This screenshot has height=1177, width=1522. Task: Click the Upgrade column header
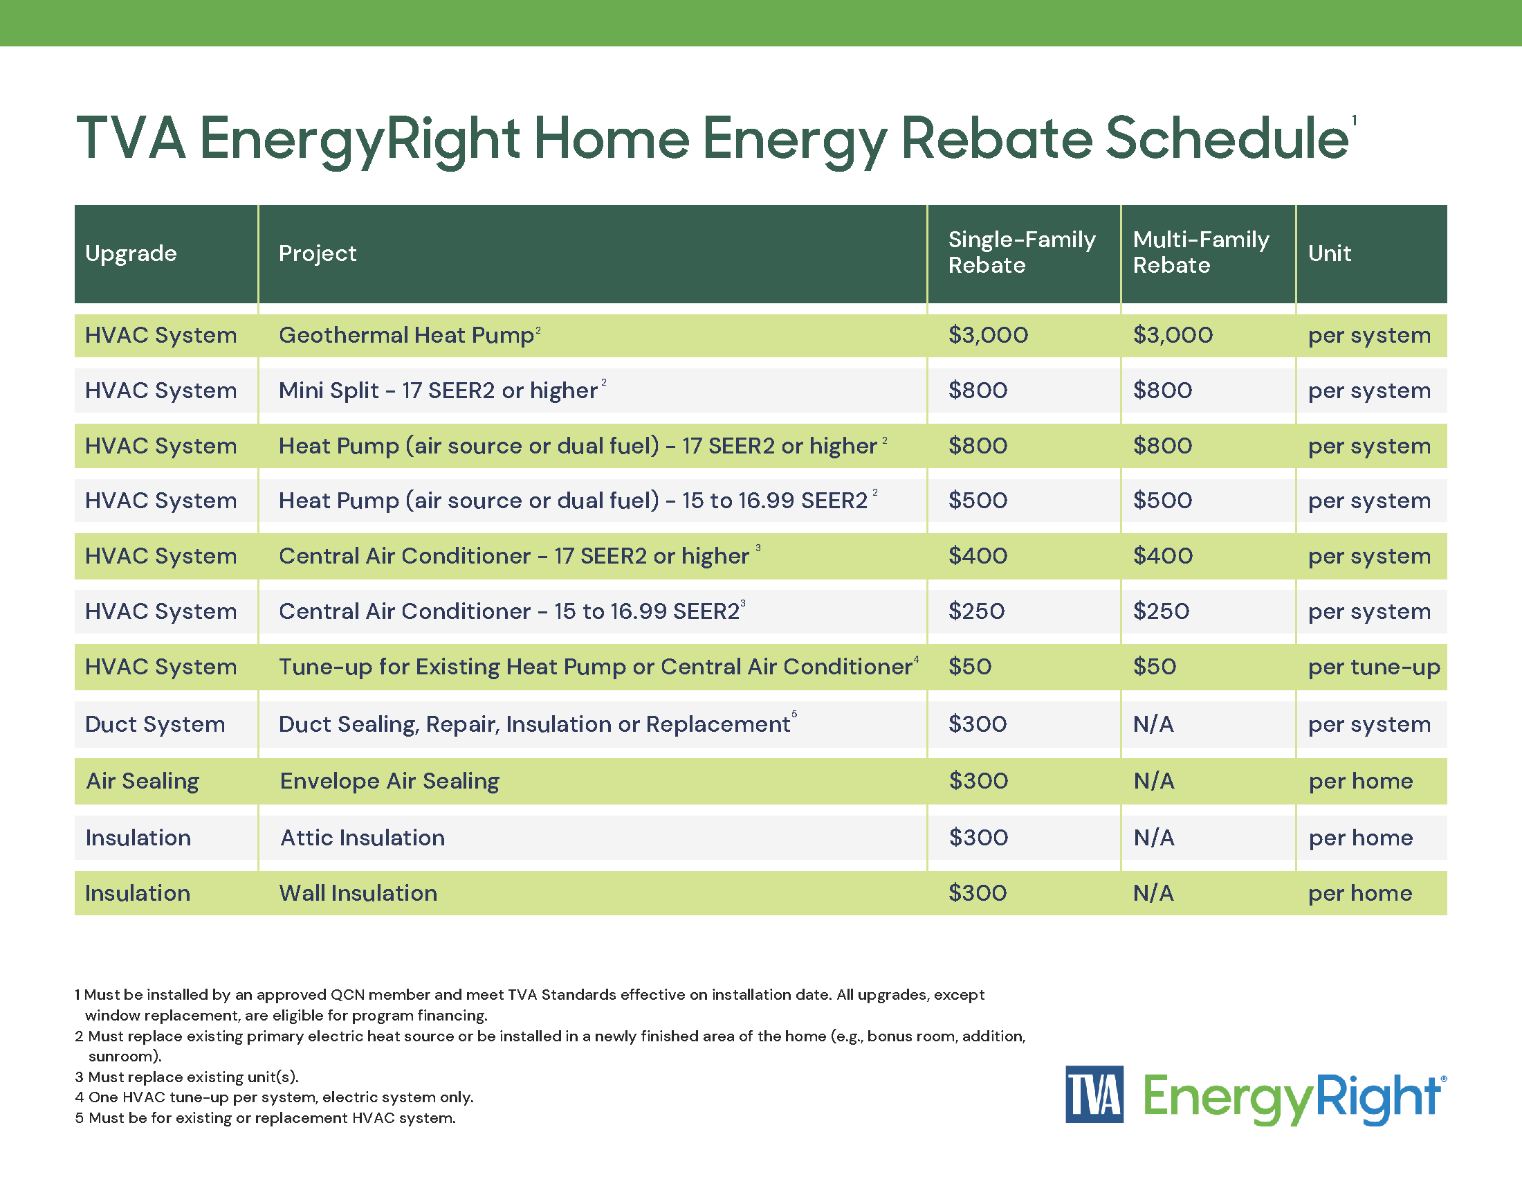click(131, 253)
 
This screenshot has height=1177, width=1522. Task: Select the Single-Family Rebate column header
click(1021, 253)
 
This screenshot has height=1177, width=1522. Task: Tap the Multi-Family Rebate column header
click(1200, 253)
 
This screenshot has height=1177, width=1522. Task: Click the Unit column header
click(1329, 253)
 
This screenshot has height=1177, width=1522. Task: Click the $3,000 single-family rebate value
click(987, 335)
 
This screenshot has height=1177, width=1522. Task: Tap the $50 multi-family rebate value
click(1154, 667)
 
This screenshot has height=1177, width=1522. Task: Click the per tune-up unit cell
click(1373, 667)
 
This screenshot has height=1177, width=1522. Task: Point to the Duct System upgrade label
click(155, 724)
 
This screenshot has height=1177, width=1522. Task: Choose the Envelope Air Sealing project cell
click(389, 781)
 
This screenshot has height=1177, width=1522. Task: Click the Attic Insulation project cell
click(363, 838)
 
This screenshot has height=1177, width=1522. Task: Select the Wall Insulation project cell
click(358, 893)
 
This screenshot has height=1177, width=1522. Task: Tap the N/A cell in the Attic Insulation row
click(1153, 838)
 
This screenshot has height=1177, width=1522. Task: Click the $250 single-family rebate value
click(975, 611)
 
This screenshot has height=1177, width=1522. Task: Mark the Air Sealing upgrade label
click(142, 781)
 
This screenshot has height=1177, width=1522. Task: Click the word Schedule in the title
click(1227, 138)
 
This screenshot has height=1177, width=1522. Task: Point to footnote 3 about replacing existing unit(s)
click(187, 1077)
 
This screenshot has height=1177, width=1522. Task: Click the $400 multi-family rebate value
click(1162, 557)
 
